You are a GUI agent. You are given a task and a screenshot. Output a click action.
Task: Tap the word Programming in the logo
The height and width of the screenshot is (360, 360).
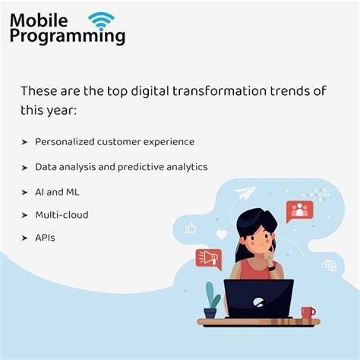(x=68, y=36)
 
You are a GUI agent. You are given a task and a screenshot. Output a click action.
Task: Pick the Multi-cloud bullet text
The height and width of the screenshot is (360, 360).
(x=62, y=215)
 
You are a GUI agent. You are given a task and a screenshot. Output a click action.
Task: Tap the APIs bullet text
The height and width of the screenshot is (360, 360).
(x=45, y=238)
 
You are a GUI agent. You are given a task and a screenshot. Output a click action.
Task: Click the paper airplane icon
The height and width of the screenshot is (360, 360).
(x=245, y=193)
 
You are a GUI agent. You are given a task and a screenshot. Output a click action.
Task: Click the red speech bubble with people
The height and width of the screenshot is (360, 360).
(x=299, y=210)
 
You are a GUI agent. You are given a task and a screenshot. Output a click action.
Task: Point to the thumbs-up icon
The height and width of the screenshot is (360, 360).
(x=191, y=227)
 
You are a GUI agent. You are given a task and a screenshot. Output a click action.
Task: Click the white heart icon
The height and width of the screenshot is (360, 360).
(x=222, y=235)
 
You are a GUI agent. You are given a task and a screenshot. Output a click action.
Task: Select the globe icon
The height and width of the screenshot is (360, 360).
(x=329, y=266)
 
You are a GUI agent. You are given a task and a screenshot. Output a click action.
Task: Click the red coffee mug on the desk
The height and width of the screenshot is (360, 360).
(x=308, y=312)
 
